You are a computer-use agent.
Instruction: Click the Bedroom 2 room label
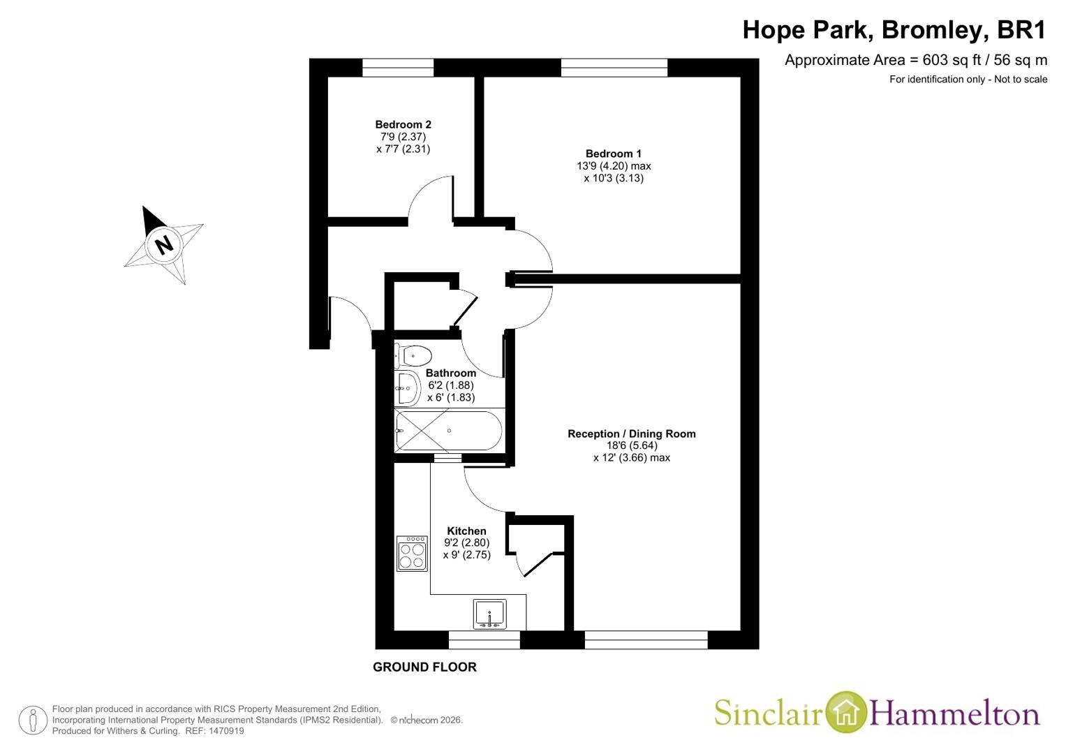pyautogui.click(x=403, y=125)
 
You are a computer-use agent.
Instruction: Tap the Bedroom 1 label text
pyautogui.click(x=614, y=154)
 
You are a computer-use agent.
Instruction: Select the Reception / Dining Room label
pyautogui.click(x=632, y=434)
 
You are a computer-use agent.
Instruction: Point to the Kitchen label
pyautogui.click(x=466, y=531)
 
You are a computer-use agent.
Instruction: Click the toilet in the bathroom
pyautogui.click(x=413, y=355)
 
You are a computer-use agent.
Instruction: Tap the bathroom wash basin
pyautogui.click(x=407, y=388)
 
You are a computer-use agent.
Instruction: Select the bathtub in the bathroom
pyautogui.click(x=448, y=431)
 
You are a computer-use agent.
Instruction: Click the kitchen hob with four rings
pyautogui.click(x=412, y=554)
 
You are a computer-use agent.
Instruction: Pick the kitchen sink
pyautogui.click(x=489, y=614)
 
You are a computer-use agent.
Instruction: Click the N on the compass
pyautogui.click(x=165, y=245)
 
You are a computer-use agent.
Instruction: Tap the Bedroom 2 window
pyautogui.click(x=398, y=68)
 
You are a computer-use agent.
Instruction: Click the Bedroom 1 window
pyautogui.click(x=614, y=68)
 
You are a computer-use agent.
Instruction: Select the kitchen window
pyautogui.click(x=484, y=640)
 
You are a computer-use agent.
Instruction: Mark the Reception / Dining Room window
pyautogui.click(x=646, y=640)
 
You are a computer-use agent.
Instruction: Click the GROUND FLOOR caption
pyautogui.click(x=424, y=667)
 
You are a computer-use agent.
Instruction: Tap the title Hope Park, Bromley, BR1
pyautogui.click(x=895, y=30)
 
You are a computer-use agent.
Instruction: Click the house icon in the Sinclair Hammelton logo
pyautogui.click(x=845, y=711)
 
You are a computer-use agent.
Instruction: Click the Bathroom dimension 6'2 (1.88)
pyautogui.click(x=451, y=385)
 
